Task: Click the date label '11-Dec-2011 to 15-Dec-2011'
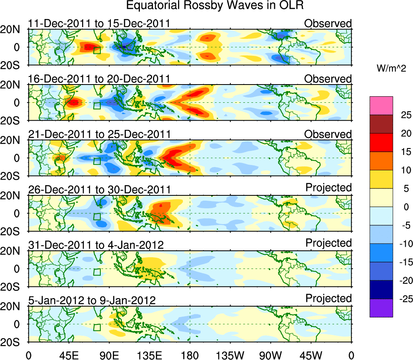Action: coord(99,23)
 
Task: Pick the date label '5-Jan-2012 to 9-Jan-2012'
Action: coord(92,301)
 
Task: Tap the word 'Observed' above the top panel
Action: coord(328,23)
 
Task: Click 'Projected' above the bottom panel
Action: coord(328,299)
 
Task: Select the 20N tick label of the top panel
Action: coord(14,30)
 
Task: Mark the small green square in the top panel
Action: coord(97,50)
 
